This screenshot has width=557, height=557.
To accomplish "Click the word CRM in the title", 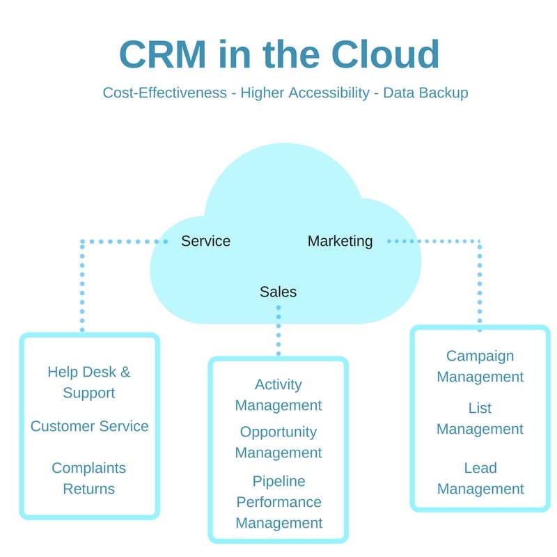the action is pyautogui.click(x=163, y=54).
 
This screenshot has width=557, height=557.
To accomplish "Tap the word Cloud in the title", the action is pyautogui.click(x=386, y=54).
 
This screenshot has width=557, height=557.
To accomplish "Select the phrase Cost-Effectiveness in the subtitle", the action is pyautogui.click(x=165, y=93).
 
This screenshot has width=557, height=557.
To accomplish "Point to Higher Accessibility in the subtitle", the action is pyautogui.click(x=305, y=93).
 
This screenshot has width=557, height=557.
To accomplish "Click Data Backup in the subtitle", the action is pyautogui.click(x=425, y=93).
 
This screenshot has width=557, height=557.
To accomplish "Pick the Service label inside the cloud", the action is pyautogui.click(x=205, y=241).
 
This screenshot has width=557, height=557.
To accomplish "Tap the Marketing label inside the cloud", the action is pyautogui.click(x=340, y=242).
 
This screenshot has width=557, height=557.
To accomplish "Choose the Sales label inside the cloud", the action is pyautogui.click(x=278, y=292).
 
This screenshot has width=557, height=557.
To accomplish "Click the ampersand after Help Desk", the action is pyautogui.click(x=125, y=372).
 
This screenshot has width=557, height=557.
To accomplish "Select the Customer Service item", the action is pyautogui.click(x=90, y=426).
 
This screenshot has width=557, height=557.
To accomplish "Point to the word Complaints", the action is pyautogui.click(x=89, y=468).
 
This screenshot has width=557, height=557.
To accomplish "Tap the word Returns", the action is pyautogui.click(x=89, y=489).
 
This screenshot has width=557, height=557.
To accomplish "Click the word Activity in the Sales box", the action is pyautogui.click(x=278, y=385).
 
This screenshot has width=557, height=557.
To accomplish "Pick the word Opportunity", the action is pyautogui.click(x=278, y=432).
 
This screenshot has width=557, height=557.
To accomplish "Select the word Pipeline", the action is pyautogui.click(x=279, y=481).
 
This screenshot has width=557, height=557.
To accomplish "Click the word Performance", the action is pyautogui.click(x=279, y=502).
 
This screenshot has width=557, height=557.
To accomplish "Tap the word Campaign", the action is pyautogui.click(x=480, y=356).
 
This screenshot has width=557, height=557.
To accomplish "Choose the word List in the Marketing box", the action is pyautogui.click(x=480, y=408).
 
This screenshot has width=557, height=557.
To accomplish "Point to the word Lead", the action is pyautogui.click(x=480, y=468).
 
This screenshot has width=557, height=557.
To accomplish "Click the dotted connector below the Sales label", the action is pyautogui.click(x=278, y=331).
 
